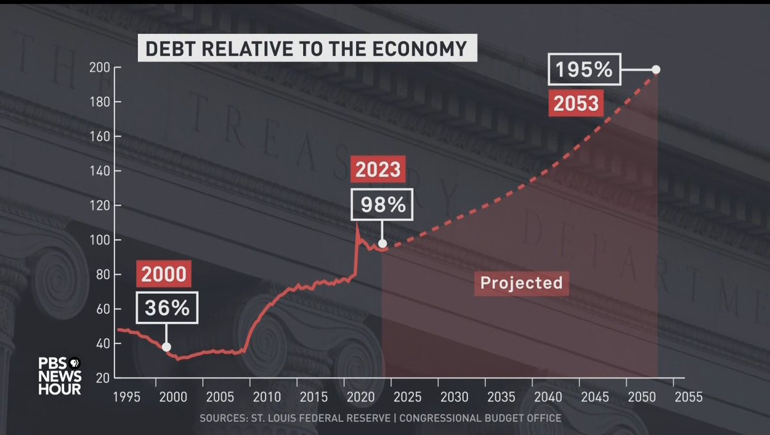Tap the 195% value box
pyautogui.click(x=584, y=69)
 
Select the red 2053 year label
pyautogui.click(x=576, y=102)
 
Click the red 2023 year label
pyautogui.click(x=379, y=170)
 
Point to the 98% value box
pyautogui.click(x=382, y=205)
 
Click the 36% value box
pyautogui.click(x=167, y=308)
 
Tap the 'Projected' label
pyautogui.click(x=521, y=282)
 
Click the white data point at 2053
pyautogui.click(x=656, y=69)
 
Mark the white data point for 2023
pyautogui.click(x=382, y=244)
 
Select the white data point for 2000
pyautogui.click(x=167, y=347)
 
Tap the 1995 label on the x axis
pyautogui.click(x=126, y=397)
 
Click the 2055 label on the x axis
pyautogui.click(x=687, y=397)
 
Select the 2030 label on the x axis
pyautogui.click(x=454, y=397)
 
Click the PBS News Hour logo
pyautogui.click(x=59, y=375)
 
